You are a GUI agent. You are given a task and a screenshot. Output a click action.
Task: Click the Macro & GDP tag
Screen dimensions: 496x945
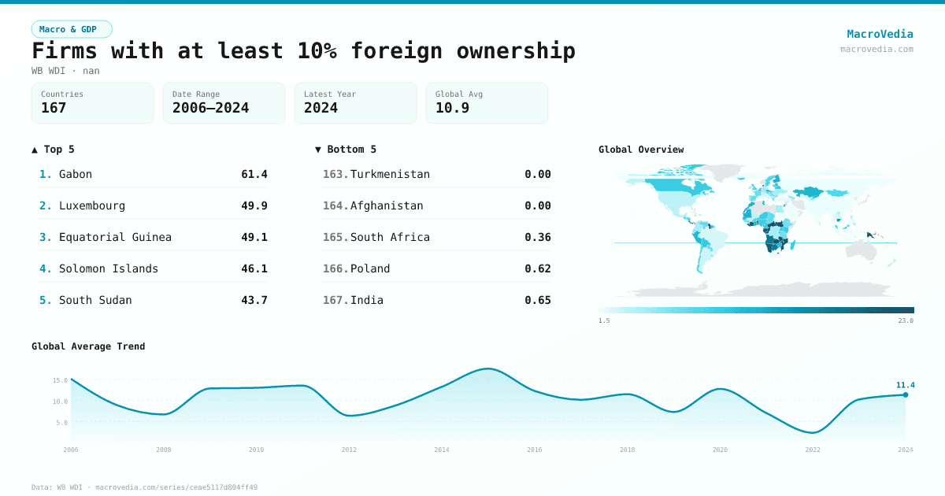click(72, 29)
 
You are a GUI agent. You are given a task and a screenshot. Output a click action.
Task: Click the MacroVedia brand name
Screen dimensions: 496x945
click(880, 34)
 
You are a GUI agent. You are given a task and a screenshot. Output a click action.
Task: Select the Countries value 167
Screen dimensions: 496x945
click(54, 108)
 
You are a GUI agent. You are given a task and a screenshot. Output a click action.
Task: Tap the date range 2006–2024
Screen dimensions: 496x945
click(210, 108)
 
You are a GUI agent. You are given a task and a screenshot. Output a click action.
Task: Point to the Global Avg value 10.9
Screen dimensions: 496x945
click(452, 108)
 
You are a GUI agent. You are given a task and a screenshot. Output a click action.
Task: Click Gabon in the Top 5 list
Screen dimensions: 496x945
click(76, 174)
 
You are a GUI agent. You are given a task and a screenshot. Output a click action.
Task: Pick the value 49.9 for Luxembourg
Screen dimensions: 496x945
click(254, 205)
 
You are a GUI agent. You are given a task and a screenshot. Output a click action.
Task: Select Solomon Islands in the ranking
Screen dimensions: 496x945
click(109, 268)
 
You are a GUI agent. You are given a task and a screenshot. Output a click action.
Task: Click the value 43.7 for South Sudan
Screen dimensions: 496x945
click(254, 300)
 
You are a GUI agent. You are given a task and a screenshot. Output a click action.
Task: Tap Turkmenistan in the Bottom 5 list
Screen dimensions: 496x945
click(390, 174)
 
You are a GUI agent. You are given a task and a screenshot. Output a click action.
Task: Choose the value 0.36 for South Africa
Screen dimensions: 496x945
click(538, 237)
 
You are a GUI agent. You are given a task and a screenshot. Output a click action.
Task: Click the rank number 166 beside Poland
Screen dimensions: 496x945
click(335, 268)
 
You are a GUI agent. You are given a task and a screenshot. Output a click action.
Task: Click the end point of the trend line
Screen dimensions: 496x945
click(906, 394)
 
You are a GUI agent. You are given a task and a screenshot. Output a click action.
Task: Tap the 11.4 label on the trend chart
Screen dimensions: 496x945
click(905, 385)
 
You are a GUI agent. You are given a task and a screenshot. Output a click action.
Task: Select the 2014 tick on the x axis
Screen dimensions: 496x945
click(442, 450)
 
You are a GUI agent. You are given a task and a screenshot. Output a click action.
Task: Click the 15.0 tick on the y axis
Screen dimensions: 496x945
click(60, 380)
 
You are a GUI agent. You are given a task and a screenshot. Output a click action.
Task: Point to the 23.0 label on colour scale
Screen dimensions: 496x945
click(906, 320)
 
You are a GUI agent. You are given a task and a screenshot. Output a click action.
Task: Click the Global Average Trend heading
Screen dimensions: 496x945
click(88, 346)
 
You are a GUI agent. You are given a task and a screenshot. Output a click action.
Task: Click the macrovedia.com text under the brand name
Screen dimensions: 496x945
click(876, 49)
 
